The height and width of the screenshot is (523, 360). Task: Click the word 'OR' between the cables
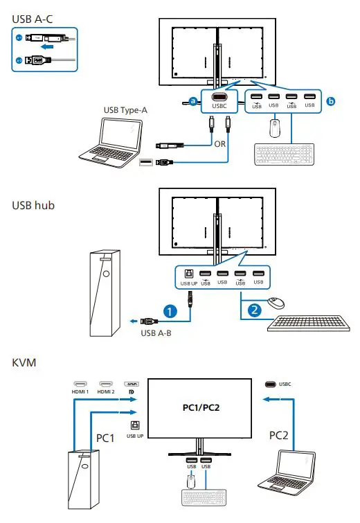tap(219, 145)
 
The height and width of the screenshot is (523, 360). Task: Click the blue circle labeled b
tap(330, 101)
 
